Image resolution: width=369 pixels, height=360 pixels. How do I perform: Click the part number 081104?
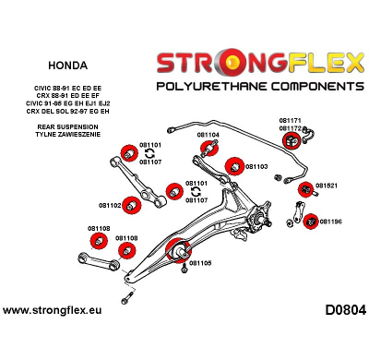[208, 135]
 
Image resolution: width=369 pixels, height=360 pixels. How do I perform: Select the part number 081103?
[256, 167]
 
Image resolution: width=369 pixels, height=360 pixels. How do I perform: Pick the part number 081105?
[200, 262]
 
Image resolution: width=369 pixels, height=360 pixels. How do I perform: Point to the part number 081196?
[330, 222]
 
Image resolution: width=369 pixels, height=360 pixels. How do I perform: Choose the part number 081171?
[291, 120]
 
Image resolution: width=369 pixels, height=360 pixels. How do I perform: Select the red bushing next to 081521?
[305, 188]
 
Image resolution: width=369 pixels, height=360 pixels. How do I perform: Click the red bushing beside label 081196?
[311, 222]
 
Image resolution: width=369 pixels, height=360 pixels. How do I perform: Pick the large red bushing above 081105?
[178, 247]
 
